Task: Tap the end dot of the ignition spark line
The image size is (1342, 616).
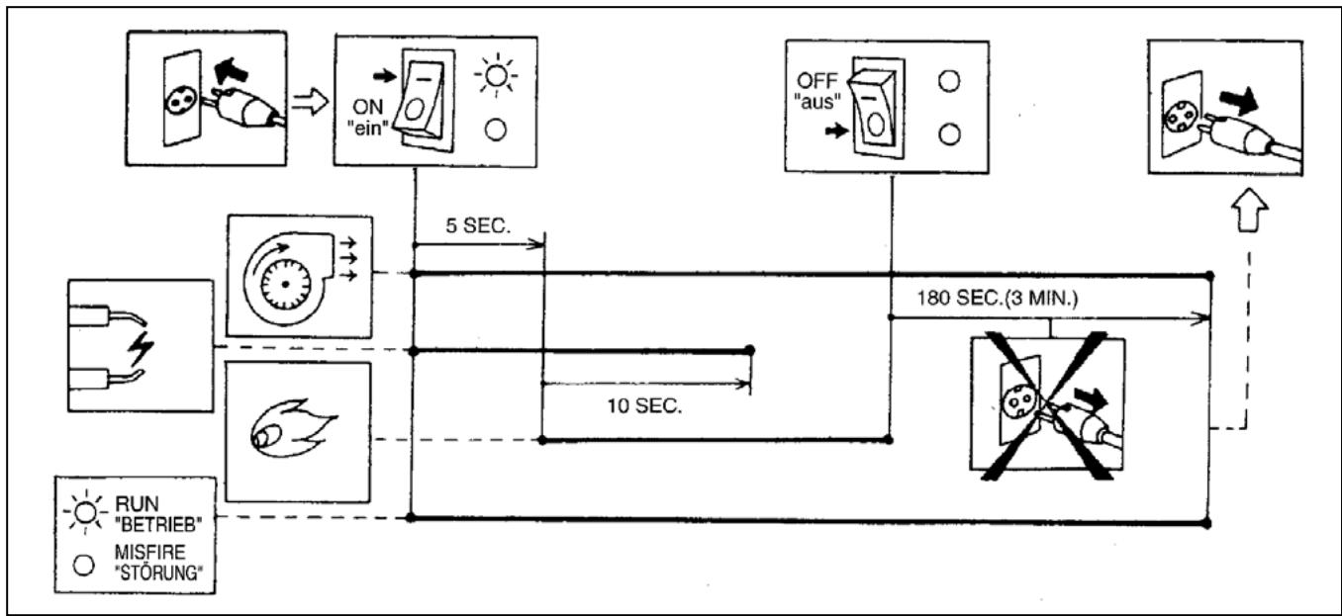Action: coord(749,350)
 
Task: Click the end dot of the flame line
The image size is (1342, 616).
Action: coord(890,439)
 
